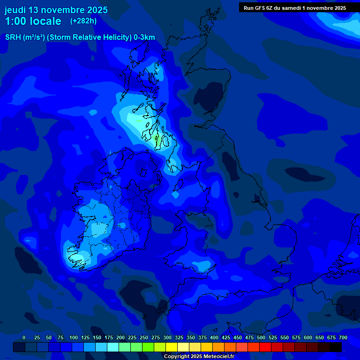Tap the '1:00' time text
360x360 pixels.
click(x=15, y=21)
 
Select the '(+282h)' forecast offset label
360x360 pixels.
click(x=83, y=21)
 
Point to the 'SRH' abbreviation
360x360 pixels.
click(x=13, y=37)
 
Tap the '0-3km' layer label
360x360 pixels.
click(x=144, y=37)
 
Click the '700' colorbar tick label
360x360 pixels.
click(x=343, y=337)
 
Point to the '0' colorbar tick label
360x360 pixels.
click(x=24, y=337)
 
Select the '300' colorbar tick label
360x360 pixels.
click(x=167, y=337)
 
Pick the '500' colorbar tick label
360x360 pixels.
click(x=261, y=337)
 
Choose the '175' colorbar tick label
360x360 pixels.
click(x=109, y=337)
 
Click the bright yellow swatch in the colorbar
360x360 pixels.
click(x=172, y=347)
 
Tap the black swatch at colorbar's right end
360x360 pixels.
click(x=336, y=347)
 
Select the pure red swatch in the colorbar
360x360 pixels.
click(x=265, y=347)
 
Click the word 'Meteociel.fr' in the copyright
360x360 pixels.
click(x=219, y=356)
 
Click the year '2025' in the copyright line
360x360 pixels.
click(x=195, y=356)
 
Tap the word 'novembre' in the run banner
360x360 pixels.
click(x=319, y=7)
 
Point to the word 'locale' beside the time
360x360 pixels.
click(x=46, y=21)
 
